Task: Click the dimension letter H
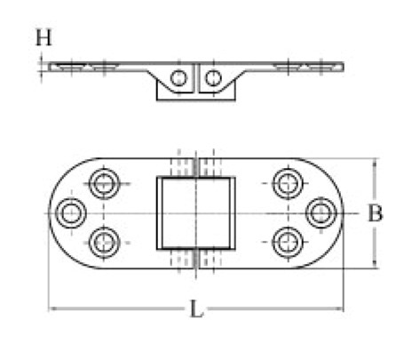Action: coord(44,37)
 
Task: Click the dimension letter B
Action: coord(375,213)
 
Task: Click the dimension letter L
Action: coord(196,308)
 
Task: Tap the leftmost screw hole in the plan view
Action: coord(71,213)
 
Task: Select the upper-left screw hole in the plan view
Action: coord(104,184)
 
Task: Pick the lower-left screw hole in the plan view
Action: coord(104,243)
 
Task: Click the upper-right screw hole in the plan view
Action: coord(288,184)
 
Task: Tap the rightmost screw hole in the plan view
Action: coord(321,212)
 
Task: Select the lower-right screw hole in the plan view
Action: coord(288,242)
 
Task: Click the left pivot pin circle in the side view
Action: coord(178,78)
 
